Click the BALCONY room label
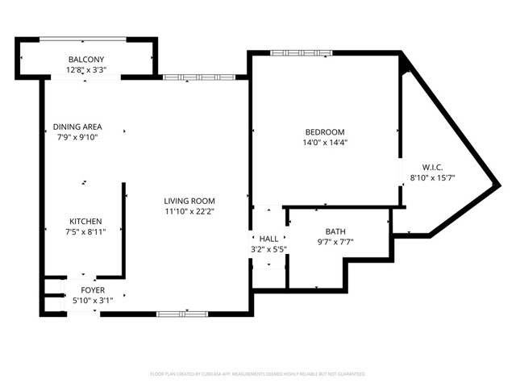[85, 60]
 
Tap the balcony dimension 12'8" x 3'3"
[85, 70]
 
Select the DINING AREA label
[77, 127]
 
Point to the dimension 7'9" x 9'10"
[77, 137]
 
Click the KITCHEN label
[85, 221]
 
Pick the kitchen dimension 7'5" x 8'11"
[85, 231]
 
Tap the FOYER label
[92, 290]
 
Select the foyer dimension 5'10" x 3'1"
[92, 301]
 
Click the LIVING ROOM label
[189, 202]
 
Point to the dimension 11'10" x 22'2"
[189, 212]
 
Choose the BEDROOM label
[324, 132]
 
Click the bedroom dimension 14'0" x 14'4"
[324, 143]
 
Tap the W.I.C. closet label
[432, 167]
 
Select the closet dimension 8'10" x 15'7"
[432, 178]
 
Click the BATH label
[335, 231]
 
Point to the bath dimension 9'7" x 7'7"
[335, 242]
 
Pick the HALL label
[268, 239]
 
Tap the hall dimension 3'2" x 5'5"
[268, 250]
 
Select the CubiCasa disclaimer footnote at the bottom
[258, 374]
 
